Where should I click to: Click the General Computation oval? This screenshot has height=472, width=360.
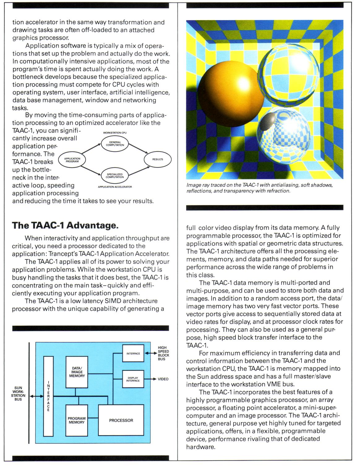(115, 144)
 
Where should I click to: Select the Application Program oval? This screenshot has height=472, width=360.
(72, 160)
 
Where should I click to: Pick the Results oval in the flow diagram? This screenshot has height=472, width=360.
(157, 159)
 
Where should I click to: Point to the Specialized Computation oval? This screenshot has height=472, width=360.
(115, 176)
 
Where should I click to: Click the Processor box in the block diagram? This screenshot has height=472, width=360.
(121, 420)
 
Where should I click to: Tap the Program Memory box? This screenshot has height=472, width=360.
(77, 420)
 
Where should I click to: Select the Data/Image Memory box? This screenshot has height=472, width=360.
(77, 372)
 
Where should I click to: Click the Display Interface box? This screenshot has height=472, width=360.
(133, 379)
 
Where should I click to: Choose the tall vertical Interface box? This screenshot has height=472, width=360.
(48, 396)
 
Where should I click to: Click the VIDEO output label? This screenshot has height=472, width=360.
(163, 379)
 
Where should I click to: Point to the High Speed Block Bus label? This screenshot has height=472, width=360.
(163, 353)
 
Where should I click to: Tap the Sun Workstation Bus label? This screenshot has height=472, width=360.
(18, 393)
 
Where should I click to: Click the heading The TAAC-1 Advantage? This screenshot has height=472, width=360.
(65, 225)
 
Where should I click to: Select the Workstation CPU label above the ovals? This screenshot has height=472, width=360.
(115, 133)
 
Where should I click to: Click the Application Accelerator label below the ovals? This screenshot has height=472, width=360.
(115, 187)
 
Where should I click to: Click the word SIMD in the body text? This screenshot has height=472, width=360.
(114, 301)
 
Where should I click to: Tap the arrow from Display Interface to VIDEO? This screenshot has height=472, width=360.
(150, 379)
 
